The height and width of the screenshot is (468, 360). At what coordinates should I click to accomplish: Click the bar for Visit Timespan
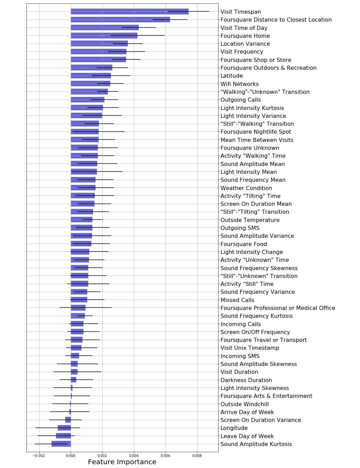130,12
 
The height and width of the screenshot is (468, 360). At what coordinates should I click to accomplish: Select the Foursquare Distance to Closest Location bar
120,20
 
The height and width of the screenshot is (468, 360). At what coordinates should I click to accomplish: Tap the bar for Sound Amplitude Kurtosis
61,444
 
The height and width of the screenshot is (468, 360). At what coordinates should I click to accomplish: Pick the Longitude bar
64,428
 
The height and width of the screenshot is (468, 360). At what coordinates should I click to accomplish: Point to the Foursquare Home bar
104,36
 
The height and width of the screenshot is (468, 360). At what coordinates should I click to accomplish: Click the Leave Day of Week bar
64,436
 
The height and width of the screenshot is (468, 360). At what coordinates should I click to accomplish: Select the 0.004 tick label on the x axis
134,456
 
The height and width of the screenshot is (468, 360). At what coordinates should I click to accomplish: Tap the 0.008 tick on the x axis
197,456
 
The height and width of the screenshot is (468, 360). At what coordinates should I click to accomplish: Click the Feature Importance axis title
122,462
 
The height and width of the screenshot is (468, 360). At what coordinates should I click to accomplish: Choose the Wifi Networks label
239,84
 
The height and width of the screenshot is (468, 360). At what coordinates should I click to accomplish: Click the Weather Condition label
246,188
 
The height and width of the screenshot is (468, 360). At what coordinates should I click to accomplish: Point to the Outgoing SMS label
240,228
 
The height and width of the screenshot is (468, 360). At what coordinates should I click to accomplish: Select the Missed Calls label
237,300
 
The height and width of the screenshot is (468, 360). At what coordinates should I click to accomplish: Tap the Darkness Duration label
246,380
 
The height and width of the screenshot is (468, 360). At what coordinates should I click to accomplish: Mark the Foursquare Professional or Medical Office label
278,308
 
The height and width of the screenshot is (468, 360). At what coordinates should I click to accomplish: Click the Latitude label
232,76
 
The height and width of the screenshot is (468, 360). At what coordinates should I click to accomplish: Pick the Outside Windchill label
245,404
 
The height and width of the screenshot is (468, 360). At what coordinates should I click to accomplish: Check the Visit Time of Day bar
105,28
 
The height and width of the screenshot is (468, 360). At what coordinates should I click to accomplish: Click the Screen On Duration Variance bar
68,420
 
